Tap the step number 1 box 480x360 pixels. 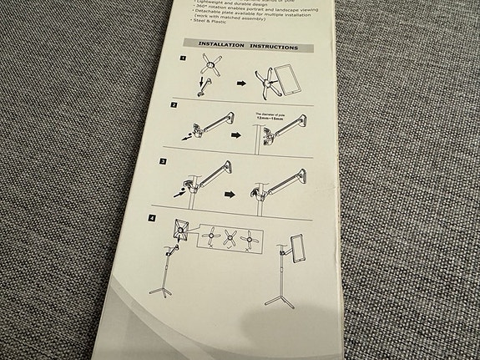pyautogui.click(x=183, y=59)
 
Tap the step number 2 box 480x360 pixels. pyautogui.click(x=174, y=106)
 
